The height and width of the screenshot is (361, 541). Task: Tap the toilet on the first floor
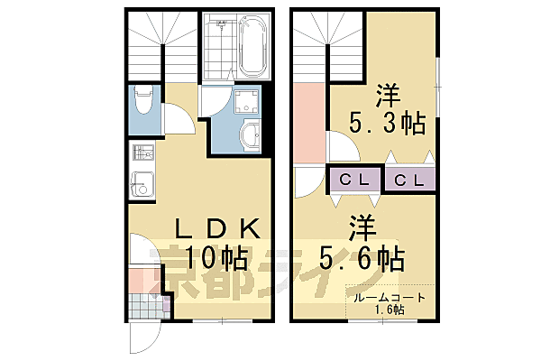pyautogui.click(x=142, y=102)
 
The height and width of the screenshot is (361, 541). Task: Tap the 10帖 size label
pyautogui.click(x=217, y=259)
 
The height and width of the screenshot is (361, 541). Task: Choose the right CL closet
pyautogui.click(x=410, y=180)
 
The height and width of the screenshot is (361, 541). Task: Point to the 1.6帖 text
pyautogui.click(x=390, y=310)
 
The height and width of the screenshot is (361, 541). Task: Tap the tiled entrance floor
pyautogui.click(x=148, y=306)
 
